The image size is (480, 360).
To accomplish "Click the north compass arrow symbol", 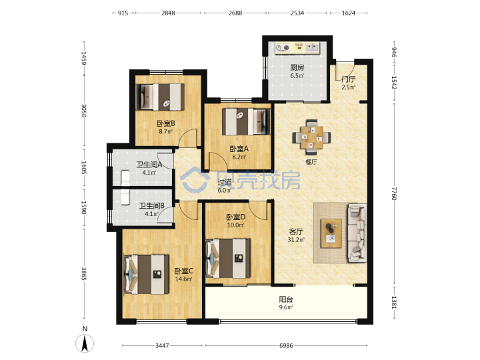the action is coord(85,343).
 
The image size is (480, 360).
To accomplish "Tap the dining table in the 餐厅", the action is coord(311,137).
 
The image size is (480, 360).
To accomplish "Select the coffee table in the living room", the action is coord(331,233).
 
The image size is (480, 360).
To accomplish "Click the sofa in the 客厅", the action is coord(357,233).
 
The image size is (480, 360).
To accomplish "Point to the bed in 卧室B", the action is coord(160,97).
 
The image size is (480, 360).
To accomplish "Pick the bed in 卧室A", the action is coord(246,121).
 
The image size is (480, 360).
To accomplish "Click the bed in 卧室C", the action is coord(146,274).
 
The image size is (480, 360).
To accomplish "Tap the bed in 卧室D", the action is coord(229,259).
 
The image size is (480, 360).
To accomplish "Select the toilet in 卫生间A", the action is coord(126,178).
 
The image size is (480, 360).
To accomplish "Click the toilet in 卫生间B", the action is coord(125,197).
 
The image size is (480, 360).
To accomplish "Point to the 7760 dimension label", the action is coord(394,193).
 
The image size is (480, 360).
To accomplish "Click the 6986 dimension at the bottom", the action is coord(286,345).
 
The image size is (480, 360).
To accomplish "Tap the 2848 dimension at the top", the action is coord(168,13).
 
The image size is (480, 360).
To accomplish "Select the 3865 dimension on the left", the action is coord(84,273).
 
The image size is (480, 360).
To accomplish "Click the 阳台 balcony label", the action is coord(286,299).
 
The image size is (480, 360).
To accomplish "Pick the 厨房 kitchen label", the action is coord(297,67).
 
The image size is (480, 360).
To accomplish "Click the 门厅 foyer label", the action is coord(349,79).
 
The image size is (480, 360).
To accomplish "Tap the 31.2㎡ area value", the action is coord(296,240).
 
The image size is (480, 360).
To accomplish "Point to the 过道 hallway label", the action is coord(225,182).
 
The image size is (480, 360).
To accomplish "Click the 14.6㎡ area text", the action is coord(184,279).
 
